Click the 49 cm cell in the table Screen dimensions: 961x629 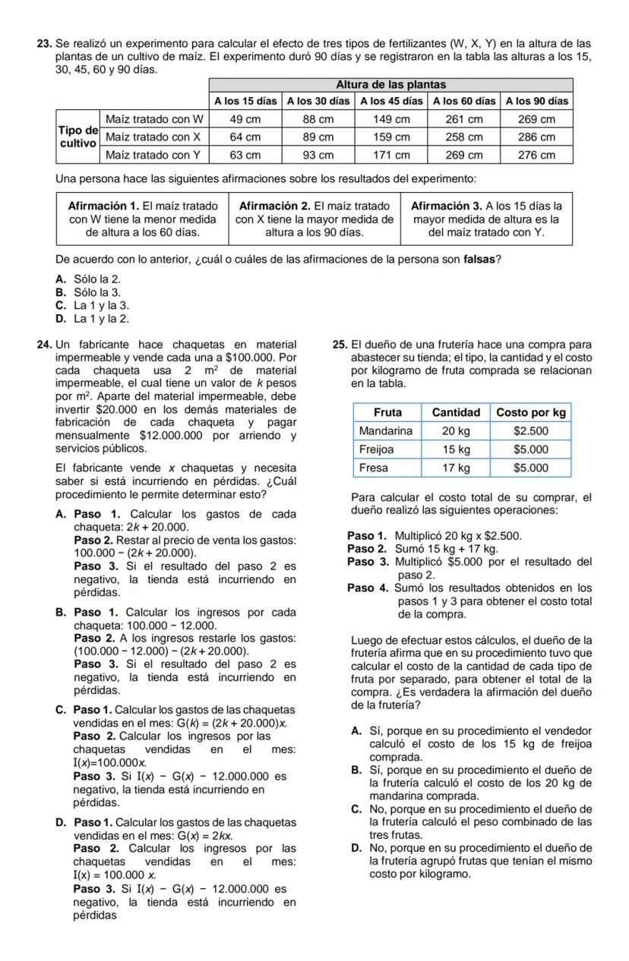pos(245,120)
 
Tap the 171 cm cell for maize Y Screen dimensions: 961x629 pos(392,155)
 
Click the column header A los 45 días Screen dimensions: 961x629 pos(392,101)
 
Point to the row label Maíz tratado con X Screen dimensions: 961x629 pos(153,137)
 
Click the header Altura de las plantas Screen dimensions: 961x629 pos(390,84)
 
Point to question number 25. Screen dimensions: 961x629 pos(340,345)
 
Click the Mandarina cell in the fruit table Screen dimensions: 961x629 pos(386,430)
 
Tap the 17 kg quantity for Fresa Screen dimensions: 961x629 pos(456,468)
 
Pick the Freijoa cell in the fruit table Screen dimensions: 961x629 pos(380,449)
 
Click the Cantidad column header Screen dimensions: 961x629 pos(456,412)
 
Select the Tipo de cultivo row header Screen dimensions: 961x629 pos(77,137)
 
